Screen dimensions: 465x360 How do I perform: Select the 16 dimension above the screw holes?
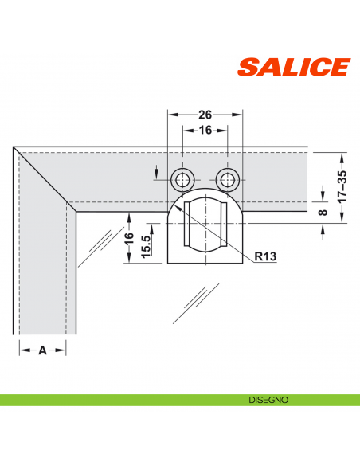(205, 130)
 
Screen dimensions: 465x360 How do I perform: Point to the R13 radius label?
(267, 256)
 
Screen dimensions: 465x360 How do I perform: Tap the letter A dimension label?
(42, 350)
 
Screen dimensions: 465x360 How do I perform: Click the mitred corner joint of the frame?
(44, 179)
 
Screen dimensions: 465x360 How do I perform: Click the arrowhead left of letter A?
(22, 350)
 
